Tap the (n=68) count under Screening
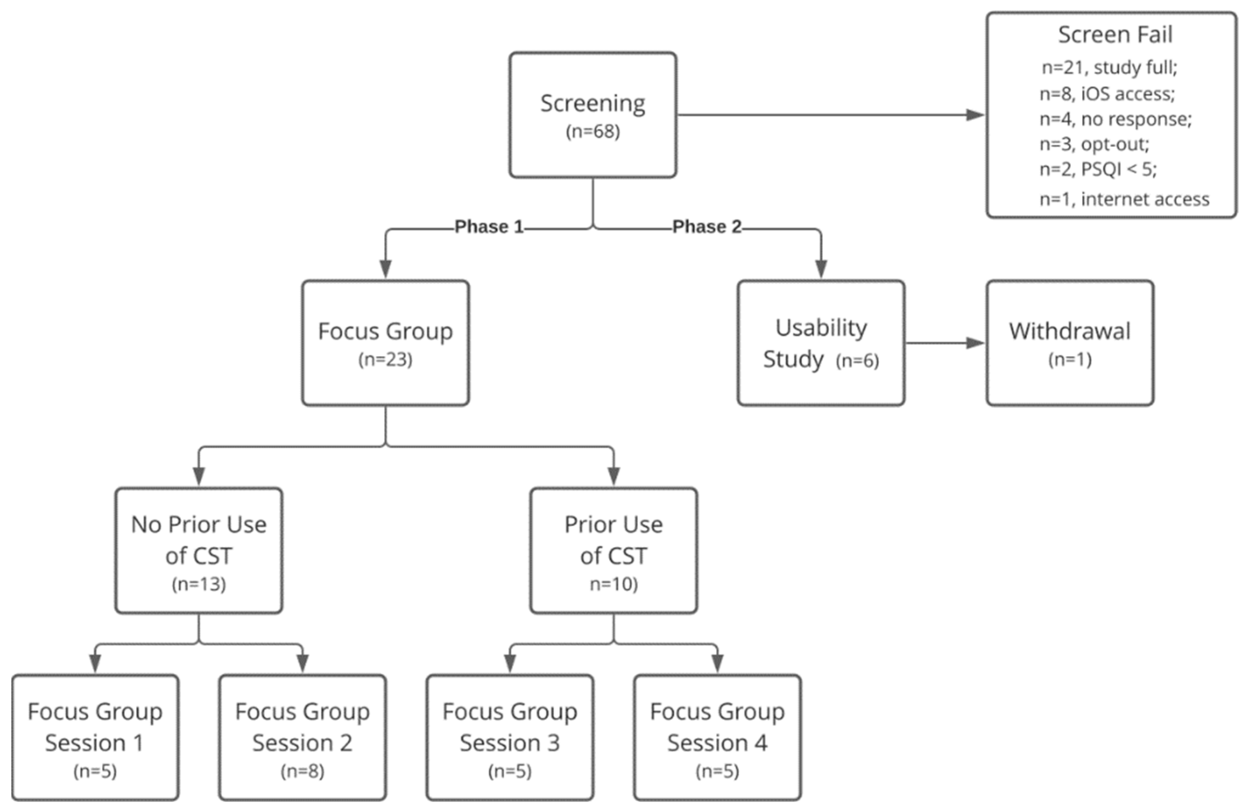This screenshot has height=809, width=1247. (592, 132)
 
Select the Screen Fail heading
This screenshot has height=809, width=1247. (1115, 34)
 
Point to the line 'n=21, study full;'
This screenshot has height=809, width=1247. (1109, 67)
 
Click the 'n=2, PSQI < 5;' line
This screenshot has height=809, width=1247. (1098, 169)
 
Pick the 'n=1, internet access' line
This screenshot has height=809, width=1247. (1124, 199)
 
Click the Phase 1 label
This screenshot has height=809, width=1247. (489, 227)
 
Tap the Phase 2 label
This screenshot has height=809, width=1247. (707, 227)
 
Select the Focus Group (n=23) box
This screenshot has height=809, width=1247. (385, 343)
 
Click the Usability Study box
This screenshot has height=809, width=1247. (820, 343)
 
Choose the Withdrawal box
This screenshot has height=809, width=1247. (1069, 343)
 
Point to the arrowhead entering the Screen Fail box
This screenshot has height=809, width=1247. (976, 115)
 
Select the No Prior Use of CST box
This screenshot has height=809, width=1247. (199, 550)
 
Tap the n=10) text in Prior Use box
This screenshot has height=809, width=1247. (613, 584)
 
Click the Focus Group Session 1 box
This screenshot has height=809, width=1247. (95, 737)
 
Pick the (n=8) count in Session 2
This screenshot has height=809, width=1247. (302, 771)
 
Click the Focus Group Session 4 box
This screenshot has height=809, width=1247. (717, 737)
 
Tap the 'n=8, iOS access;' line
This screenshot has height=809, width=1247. (1107, 94)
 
